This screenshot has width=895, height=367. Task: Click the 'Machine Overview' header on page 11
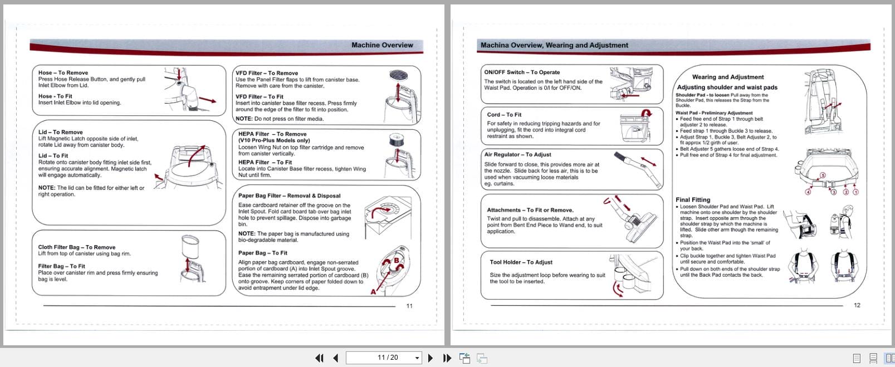pos(382,45)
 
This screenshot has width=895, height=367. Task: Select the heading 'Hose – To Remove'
pos(63,72)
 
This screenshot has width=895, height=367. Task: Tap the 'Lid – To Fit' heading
pos(53,156)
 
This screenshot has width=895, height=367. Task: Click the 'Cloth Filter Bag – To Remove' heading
pos(76,247)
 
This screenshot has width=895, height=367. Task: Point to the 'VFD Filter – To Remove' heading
pos(266,73)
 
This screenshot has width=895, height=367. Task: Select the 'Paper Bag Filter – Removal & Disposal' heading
pos(289,196)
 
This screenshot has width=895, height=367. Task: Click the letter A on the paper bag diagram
pos(373,292)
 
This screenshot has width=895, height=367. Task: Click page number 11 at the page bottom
pos(409,306)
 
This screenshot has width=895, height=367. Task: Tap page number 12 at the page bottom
pos(857,305)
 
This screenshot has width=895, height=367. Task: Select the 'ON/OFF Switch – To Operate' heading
pos(522,72)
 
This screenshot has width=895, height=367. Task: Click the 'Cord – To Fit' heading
pos(504,115)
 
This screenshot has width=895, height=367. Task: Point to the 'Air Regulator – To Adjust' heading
pos(517,155)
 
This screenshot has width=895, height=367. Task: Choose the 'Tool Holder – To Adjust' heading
pos(521,262)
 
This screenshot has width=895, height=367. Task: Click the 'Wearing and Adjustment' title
pos(727,77)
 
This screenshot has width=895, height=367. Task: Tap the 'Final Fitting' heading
pos(692,200)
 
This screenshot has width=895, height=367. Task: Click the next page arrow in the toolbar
pos(430,358)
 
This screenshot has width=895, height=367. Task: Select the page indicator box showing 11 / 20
pos(383,358)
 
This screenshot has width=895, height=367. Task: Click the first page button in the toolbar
pos(319,358)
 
